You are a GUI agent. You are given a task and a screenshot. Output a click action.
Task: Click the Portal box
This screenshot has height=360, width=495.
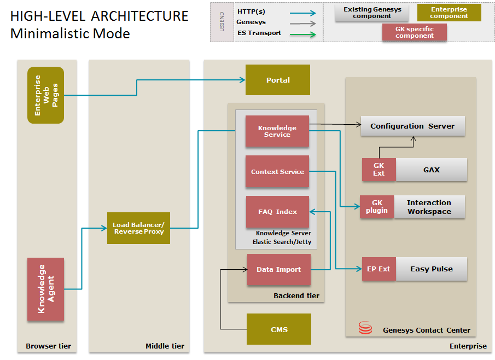(x=278, y=80)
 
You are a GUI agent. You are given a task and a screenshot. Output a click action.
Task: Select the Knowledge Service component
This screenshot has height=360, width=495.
(x=277, y=131)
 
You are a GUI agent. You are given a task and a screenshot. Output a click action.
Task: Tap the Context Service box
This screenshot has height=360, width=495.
(x=277, y=172)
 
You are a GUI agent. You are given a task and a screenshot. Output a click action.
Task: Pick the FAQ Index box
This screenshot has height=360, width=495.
(x=277, y=212)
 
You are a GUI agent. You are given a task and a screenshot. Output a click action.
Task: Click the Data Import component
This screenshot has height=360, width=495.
(x=279, y=269)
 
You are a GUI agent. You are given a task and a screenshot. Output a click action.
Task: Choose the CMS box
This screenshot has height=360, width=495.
(x=279, y=329)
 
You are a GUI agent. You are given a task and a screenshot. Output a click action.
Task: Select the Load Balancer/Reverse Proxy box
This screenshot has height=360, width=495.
(x=138, y=228)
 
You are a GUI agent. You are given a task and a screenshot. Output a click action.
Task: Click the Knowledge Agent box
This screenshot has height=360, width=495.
(x=46, y=289)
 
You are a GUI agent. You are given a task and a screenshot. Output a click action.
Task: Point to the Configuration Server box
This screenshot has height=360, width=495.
(x=412, y=126)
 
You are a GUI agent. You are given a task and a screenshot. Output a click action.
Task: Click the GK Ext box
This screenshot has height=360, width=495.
(x=378, y=170)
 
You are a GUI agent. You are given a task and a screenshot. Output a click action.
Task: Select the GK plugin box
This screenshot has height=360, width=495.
(x=376, y=207)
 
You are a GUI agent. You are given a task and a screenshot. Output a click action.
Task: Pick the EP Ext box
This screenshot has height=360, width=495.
(x=378, y=269)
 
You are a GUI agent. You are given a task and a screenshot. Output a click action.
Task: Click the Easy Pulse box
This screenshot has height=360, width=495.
(x=432, y=269)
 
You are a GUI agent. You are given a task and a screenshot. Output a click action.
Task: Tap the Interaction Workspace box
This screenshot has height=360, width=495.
(x=429, y=207)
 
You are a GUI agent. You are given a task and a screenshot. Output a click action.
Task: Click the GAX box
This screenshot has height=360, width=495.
(x=431, y=170)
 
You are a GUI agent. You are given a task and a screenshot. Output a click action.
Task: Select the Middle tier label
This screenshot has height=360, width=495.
(x=165, y=346)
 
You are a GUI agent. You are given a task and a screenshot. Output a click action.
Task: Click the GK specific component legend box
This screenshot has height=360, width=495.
(x=414, y=32)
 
